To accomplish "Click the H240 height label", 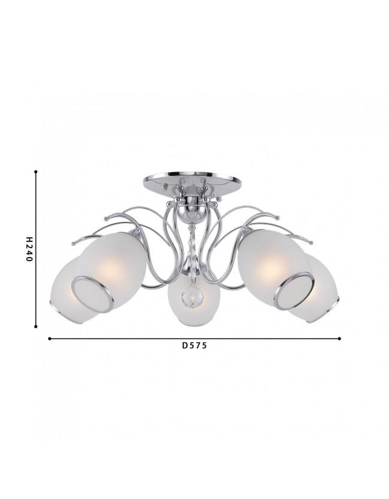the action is pos(29,249).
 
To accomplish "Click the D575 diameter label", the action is pos(194,345).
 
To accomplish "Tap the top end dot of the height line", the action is pos(36,172).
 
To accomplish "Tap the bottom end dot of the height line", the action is pos(36,326).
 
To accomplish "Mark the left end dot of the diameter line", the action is pos(49,339).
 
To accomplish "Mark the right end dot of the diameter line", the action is pos(340,339).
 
